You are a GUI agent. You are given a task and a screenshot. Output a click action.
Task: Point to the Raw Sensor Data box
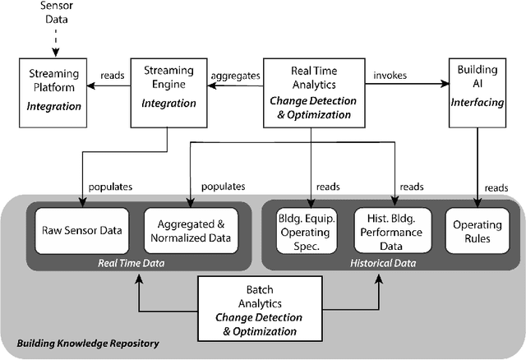[x=82, y=229]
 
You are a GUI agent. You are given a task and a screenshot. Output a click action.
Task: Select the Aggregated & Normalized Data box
[x=191, y=229]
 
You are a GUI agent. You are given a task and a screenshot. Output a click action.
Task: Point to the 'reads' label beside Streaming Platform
[x=113, y=75]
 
